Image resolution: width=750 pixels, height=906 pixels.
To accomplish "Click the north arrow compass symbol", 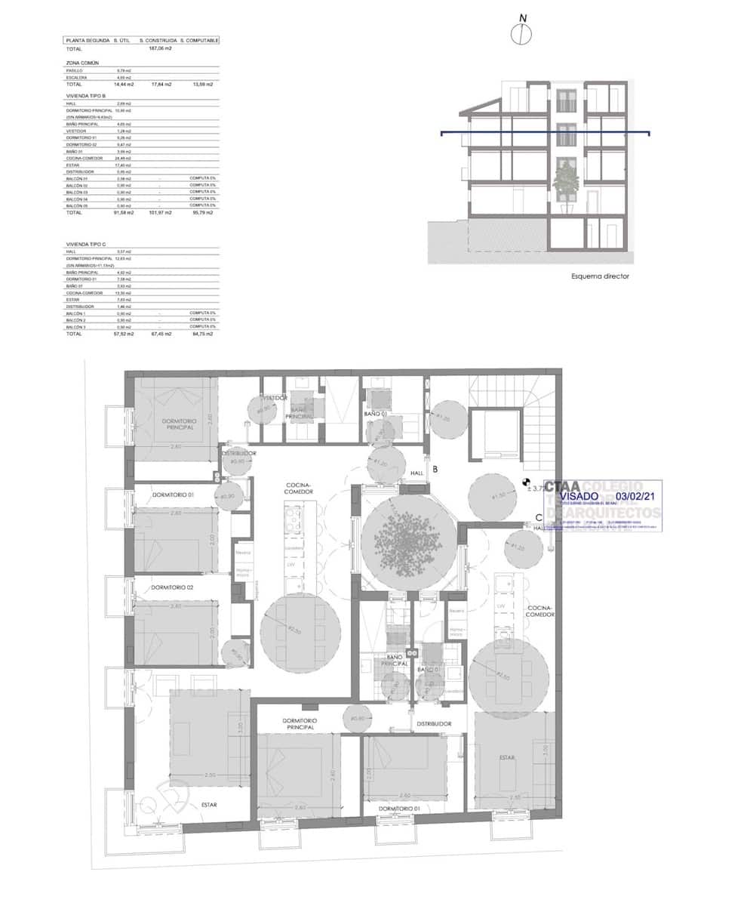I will (x=521, y=33).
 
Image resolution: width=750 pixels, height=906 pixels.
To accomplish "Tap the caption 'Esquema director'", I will (x=600, y=276).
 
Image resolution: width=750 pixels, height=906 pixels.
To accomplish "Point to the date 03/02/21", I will (x=637, y=497).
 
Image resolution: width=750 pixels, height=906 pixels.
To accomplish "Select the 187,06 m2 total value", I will (x=160, y=48).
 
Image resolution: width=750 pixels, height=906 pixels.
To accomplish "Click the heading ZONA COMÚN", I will (x=82, y=63).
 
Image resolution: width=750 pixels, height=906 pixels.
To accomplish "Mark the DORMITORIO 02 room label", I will (x=172, y=587).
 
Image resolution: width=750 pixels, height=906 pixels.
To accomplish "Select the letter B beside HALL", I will (x=435, y=468).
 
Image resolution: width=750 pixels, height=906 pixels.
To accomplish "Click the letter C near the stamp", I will (x=538, y=518).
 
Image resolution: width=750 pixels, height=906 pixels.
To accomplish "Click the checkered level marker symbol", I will (x=526, y=481).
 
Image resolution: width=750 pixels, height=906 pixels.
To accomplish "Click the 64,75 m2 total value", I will (x=202, y=333).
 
